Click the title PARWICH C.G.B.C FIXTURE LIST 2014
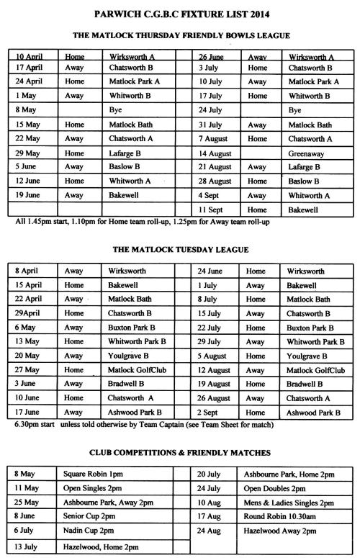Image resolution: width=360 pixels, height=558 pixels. click(x=180, y=13)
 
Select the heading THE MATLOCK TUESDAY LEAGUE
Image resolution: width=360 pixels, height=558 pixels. click(x=180, y=250)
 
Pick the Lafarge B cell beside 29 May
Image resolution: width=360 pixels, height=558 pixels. click(x=130, y=153)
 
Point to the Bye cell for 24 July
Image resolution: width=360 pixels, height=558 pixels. click(x=295, y=111)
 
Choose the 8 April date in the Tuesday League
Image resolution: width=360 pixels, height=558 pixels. click(x=27, y=272)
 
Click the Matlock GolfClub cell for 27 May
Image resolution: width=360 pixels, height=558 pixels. click(x=140, y=370)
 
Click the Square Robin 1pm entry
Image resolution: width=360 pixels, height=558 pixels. click(x=96, y=474)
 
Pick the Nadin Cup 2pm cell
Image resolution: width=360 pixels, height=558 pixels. click(x=91, y=531)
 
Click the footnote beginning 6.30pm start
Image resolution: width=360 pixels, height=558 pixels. click(x=144, y=425)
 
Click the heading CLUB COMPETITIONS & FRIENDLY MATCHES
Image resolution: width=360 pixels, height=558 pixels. click(x=180, y=453)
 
